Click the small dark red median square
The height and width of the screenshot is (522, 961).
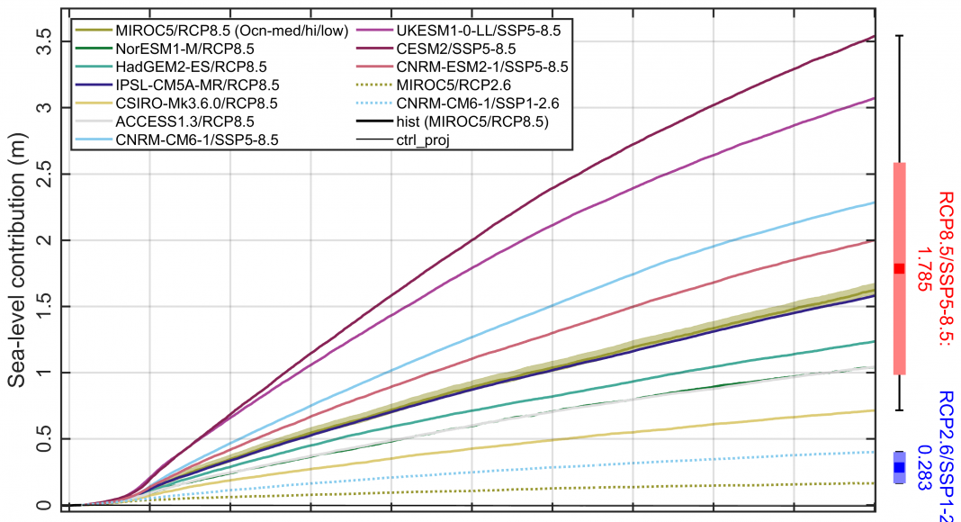tap(899, 268)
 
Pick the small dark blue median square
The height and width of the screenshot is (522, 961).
tap(899, 467)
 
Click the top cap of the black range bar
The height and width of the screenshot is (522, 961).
tap(899, 36)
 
